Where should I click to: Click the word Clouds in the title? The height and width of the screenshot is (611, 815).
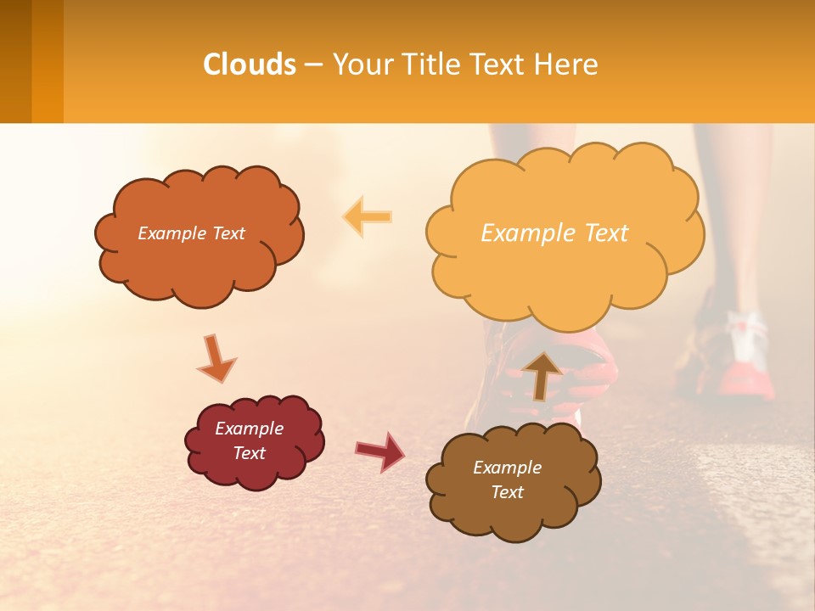click(x=250, y=64)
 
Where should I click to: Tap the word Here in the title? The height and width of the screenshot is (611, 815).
click(x=567, y=64)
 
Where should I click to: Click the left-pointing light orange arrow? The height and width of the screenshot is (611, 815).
click(x=367, y=216)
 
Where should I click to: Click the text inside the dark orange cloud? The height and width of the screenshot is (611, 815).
click(x=191, y=233)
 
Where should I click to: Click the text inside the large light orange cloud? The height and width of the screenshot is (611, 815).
click(x=554, y=233)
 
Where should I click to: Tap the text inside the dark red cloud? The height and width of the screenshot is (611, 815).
click(x=249, y=440)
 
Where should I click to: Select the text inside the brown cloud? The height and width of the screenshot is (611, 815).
click(x=507, y=479)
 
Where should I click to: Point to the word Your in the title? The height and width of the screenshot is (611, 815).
click(x=357, y=64)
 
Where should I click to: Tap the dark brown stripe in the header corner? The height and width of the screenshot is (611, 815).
click(x=15, y=61)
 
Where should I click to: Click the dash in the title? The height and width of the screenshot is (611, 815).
click(x=312, y=64)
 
